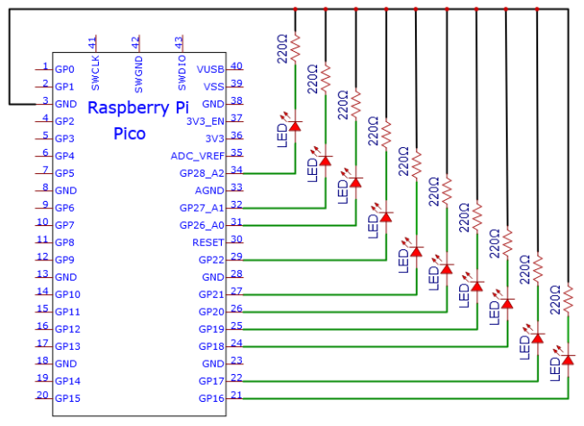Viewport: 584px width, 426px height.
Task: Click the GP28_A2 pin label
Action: click(x=201, y=173)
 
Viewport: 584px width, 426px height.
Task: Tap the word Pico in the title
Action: click(x=129, y=134)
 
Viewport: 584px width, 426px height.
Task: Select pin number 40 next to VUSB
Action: click(x=236, y=65)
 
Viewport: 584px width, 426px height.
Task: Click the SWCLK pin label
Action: click(x=95, y=73)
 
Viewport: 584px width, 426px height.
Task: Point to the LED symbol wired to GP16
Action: click(x=567, y=359)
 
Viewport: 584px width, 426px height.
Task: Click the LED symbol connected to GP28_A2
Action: click(x=295, y=126)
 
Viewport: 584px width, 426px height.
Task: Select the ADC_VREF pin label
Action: click(x=198, y=156)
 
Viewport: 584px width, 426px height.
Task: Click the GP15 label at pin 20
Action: click(x=67, y=398)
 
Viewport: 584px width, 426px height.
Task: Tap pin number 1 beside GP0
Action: click(x=45, y=66)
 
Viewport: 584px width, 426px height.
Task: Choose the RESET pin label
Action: click(x=208, y=242)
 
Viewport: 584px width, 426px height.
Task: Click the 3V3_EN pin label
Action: click(x=205, y=122)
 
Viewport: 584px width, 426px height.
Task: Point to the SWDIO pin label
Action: click(x=181, y=73)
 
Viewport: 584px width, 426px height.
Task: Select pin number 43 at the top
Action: click(x=179, y=43)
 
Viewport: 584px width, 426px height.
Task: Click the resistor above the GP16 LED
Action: click(x=568, y=299)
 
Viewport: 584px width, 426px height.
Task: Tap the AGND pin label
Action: click(x=209, y=191)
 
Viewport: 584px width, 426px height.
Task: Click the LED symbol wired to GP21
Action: click(x=416, y=251)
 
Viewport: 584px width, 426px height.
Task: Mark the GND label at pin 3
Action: click(x=66, y=104)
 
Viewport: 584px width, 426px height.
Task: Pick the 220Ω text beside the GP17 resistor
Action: click(x=525, y=269)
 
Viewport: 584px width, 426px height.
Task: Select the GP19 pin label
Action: click(x=211, y=329)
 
